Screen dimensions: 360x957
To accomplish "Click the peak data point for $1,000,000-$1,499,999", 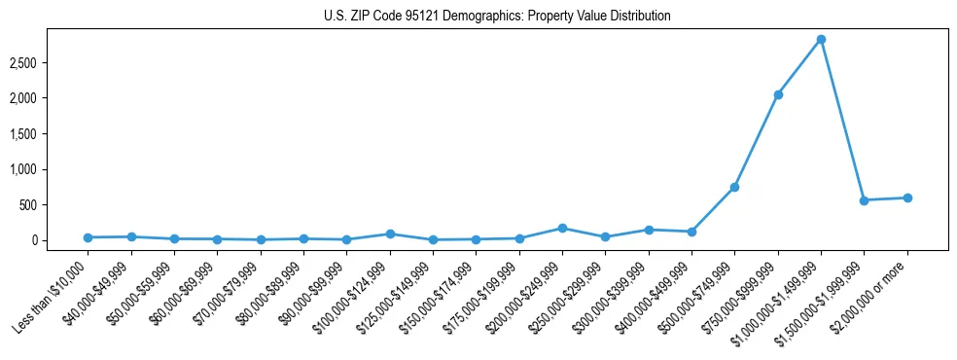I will [x=821, y=39].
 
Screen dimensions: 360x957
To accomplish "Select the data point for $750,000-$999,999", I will [x=778, y=94].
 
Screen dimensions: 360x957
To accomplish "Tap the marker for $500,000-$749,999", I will [x=734, y=187].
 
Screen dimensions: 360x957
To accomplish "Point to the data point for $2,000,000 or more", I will [x=907, y=198].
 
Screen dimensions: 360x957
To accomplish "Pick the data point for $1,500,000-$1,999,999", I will [x=864, y=200].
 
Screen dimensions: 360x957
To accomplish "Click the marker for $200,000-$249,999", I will [x=562, y=228].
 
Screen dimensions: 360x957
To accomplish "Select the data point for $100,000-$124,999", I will [x=390, y=234].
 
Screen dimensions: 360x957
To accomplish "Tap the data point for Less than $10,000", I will [x=88, y=237].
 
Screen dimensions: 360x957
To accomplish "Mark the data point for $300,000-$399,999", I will [x=649, y=230].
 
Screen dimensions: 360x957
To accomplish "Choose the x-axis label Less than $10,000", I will [x=52, y=297].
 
